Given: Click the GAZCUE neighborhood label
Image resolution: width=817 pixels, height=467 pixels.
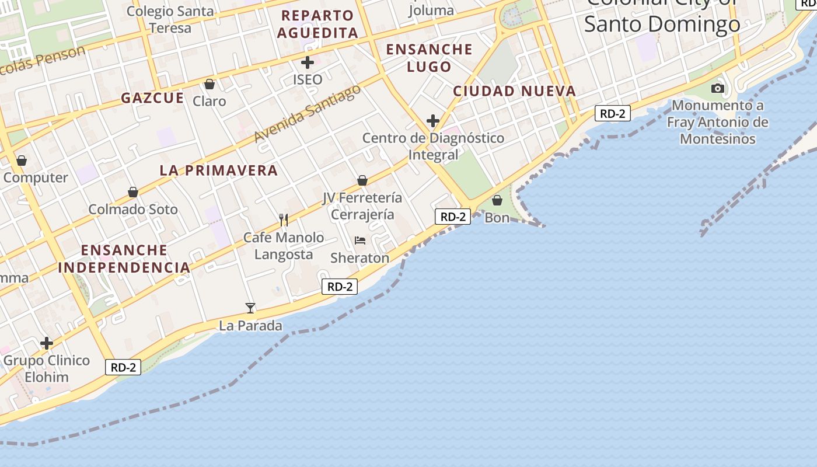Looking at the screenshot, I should (152, 98).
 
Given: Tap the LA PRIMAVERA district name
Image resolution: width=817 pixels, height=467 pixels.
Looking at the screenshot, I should (219, 170).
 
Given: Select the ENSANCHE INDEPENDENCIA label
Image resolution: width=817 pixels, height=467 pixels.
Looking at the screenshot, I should (124, 259).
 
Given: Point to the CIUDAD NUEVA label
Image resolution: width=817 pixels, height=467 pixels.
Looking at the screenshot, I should (514, 91).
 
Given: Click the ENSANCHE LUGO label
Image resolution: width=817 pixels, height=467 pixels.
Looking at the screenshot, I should (430, 58).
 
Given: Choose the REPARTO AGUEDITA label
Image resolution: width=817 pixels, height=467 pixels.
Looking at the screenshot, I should (317, 24).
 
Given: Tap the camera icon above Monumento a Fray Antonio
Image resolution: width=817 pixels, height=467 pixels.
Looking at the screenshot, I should (718, 89).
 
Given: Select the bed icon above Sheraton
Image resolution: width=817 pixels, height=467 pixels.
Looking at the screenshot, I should (360, 241).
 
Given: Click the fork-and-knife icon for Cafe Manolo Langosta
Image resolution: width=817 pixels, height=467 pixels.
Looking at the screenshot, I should (284, 220).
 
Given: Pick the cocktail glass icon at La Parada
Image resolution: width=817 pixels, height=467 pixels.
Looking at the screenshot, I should (250, 308).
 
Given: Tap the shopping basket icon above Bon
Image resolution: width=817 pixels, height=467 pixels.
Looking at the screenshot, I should (497, 200).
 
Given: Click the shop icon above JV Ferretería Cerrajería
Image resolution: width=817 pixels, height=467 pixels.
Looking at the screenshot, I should (362, 180).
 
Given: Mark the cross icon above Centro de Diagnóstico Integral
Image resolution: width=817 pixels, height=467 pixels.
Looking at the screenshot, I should (432, 121).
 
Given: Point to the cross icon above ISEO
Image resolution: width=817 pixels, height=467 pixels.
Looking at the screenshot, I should (308, 62).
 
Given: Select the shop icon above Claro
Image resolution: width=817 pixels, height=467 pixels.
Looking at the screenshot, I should (210, 84).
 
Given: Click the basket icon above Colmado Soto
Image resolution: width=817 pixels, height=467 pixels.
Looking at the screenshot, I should (133, 192).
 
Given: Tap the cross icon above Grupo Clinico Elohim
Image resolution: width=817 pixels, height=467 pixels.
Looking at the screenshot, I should (47, 343).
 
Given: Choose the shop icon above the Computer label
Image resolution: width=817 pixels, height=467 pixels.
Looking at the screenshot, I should (22, 161).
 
